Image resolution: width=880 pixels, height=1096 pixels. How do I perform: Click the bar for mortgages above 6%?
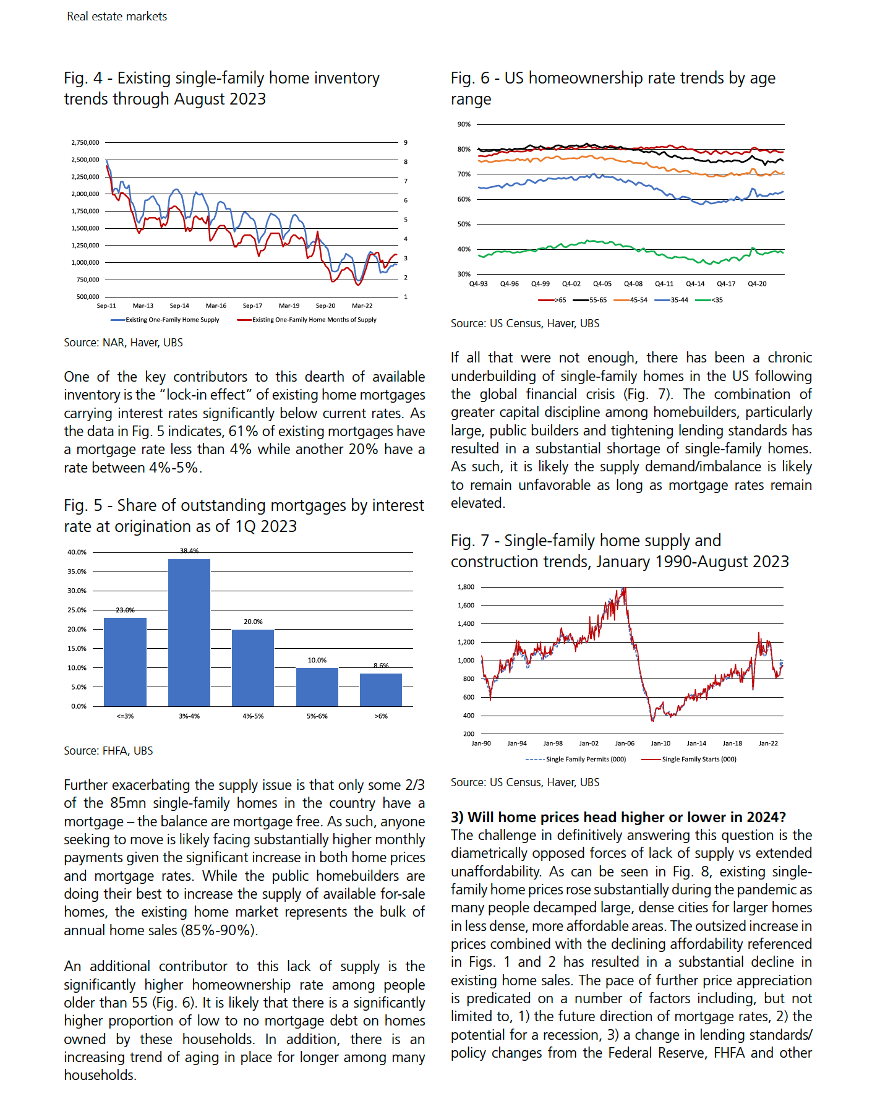381,690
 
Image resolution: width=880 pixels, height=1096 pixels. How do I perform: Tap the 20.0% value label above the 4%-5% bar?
253,622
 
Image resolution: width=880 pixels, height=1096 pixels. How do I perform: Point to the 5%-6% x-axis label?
317,716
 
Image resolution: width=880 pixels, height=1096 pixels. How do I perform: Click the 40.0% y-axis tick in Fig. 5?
77,552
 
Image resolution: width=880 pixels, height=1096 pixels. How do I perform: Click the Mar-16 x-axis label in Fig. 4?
216,306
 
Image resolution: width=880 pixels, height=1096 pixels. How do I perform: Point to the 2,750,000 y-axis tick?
85,142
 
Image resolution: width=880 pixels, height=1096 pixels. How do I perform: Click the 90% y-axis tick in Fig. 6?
464,124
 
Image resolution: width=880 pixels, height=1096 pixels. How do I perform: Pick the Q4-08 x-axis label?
633,284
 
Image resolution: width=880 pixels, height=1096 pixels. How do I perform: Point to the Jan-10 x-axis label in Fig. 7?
660,743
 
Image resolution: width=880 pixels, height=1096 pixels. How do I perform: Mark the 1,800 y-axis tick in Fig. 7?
466,587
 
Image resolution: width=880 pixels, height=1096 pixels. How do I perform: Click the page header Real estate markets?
117,17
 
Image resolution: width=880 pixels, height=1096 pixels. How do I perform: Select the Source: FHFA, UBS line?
108,751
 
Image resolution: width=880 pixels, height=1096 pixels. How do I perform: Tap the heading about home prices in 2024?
618,817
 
